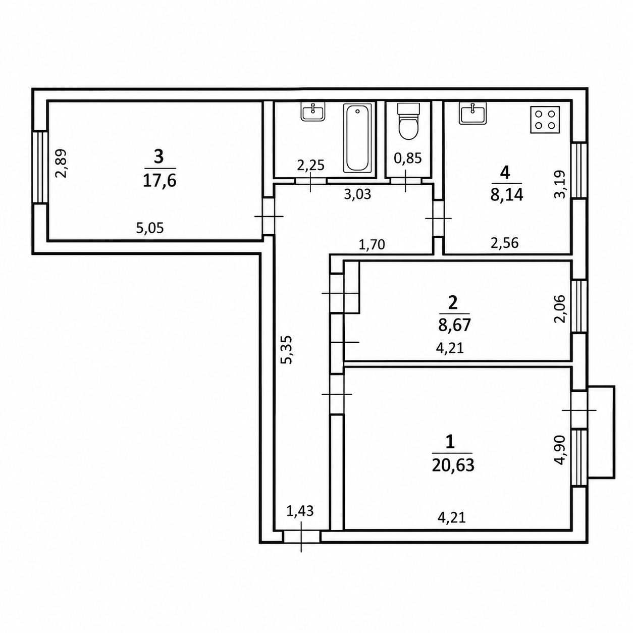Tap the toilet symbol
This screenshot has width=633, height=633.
pos(408,122)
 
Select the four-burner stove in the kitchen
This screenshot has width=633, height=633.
pos(545,120)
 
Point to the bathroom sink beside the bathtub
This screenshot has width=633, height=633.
pos(313,112)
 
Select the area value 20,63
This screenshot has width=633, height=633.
pos(453,465)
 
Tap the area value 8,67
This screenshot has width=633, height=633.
pos(455,326)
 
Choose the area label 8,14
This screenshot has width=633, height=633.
pos(506,195)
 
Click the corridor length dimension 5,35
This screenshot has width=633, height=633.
pos(286,349)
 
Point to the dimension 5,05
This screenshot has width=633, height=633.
pos(150,228)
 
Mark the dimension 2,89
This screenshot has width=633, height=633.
pos(61,163)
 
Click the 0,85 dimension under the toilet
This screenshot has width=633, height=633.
pos(408,159)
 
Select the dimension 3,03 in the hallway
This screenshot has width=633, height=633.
pos(357,194)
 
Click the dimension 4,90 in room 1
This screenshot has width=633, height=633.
pos(560,450)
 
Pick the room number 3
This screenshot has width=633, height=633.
pos(159,157)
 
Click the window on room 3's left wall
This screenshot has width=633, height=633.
pos(40,167)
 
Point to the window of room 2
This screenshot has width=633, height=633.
pos(579,306)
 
